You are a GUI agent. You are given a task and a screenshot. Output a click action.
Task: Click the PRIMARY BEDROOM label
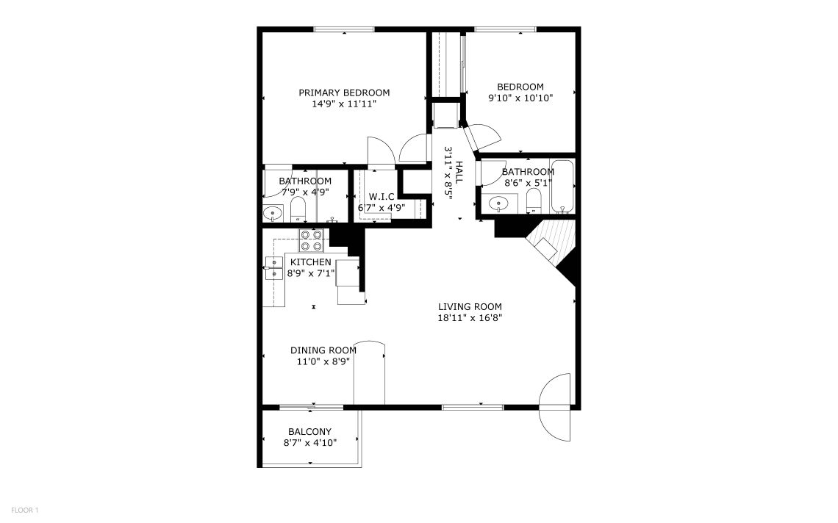[x=343, y=93]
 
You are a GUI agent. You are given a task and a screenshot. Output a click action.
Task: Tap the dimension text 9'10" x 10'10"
[x=520, y=98]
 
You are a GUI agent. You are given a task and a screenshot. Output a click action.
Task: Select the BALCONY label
[x=309, y=432]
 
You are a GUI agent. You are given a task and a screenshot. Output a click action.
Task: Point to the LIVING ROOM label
[x=470, y=306]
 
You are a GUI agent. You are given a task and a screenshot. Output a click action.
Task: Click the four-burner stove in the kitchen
[x=311, y=240]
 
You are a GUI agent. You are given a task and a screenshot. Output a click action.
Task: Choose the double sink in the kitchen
[x=274, y=267]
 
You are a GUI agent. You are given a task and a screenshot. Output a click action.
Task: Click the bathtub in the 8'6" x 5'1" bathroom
[x=562, y=187]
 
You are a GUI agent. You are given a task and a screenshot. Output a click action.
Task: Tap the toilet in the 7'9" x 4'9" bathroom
[x=298, y=209]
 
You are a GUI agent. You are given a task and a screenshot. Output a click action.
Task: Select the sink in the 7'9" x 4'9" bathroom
[x=273, y=214]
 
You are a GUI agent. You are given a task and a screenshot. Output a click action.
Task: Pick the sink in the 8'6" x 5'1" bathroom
[x=498, y=203]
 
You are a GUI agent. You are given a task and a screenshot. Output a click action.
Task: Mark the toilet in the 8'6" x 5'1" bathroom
[x=534, y=201]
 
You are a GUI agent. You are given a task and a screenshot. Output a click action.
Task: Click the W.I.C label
[x=382, y=197]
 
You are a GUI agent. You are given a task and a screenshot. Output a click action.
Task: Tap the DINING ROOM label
[x=323, y=350]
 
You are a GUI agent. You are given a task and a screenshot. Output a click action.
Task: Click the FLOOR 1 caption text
[x=24, y=511]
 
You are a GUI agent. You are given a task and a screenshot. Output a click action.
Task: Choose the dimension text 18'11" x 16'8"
[x=470, y=318]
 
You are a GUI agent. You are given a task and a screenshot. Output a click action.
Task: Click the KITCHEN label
[x=310, y=262]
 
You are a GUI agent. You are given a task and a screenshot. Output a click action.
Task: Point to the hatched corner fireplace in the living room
[x=551, y=245]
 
